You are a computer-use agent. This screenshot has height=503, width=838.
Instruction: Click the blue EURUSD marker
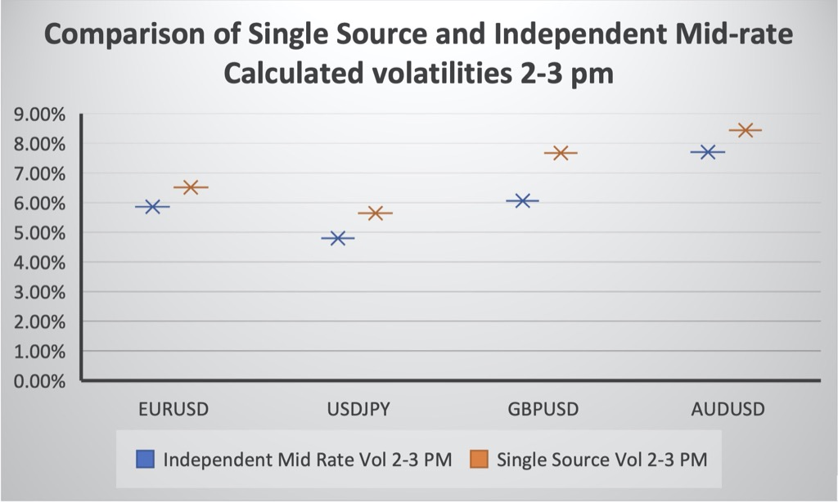[x=152, y=207]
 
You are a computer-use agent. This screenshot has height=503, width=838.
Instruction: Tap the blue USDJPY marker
[x=337, y=238]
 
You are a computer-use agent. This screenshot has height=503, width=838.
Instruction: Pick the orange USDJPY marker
[x=376, y=213]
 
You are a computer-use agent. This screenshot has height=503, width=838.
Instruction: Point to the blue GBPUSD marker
[x=523, y=200]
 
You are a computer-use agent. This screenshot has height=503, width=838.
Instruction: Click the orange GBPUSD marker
[x=561, y=153]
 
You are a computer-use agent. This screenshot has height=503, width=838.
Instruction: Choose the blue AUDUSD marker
[x=708, y=152]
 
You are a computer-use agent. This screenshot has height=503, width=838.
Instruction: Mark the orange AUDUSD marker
[x=746, y=130]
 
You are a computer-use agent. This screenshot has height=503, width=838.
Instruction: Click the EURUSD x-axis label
[x=174, y=409]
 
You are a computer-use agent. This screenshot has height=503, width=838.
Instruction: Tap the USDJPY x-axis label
[x=358, y=409]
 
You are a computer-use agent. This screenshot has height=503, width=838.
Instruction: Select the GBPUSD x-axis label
[x=543, y=409]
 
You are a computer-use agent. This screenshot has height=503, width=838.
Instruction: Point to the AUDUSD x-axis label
[x=728, y=409]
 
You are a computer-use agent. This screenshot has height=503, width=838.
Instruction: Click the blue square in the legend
[x=145, y=460]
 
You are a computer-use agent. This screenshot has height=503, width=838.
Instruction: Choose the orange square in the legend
[x=478, y=460]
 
